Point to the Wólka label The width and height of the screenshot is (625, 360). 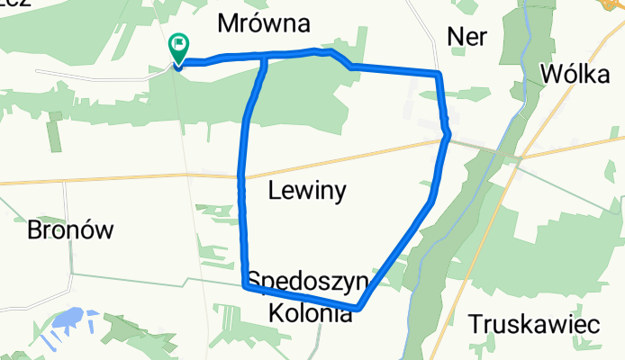pyautogui.click(x=577, y=74)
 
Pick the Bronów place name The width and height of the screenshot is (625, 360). pyautogui.click(x=70, y=229)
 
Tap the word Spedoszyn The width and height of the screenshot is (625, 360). pyautogui.click(x=308, y=282)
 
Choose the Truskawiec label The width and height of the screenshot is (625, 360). pyautogui.click(x=534, y=324)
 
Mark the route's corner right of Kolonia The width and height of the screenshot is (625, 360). pyautogui.click(x=359, y=308)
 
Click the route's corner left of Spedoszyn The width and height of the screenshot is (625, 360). pyautogui.click(x=245, y=285)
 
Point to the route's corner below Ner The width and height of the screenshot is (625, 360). pyautogui.click(x=438, y=74)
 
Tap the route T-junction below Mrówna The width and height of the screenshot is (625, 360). pyautogui.click(x=265, y=58)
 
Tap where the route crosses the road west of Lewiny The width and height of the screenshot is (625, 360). pyautogui.click(x=240, y=177)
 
